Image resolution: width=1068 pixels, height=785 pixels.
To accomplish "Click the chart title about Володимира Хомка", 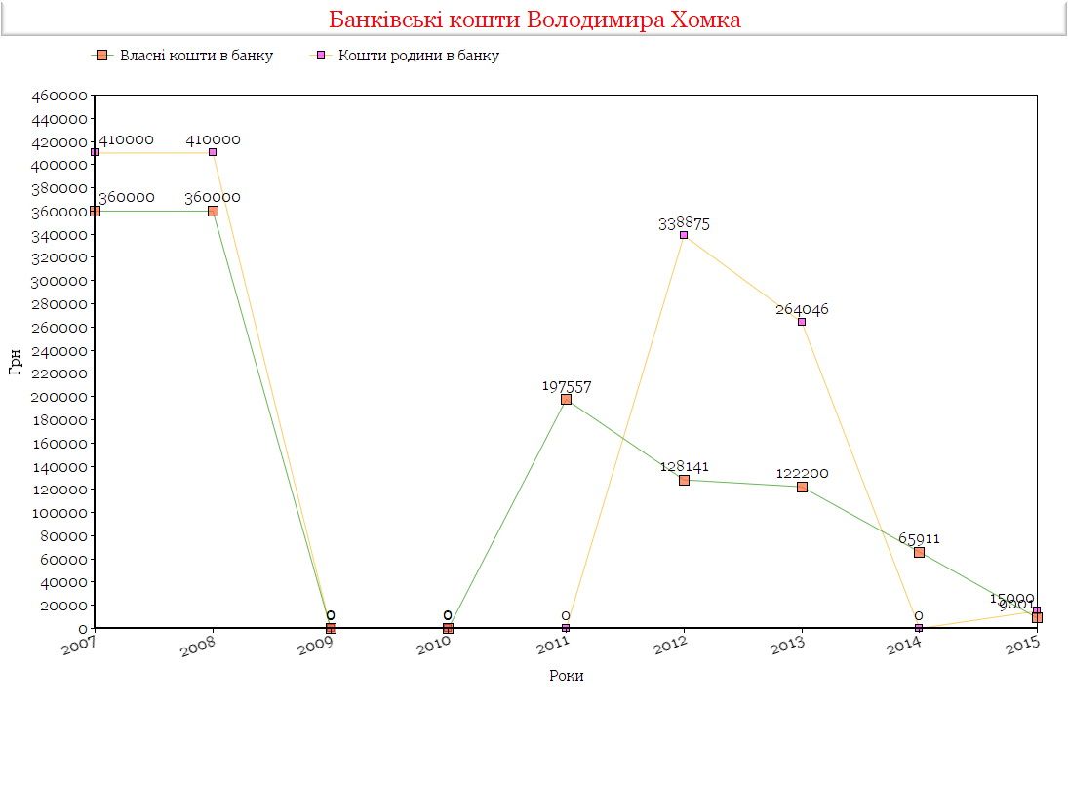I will (x=534, y=20).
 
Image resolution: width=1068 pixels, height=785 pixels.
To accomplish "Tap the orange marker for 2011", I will (x=566, y=399).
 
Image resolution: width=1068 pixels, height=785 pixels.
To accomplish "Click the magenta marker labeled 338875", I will (x=684, y=235).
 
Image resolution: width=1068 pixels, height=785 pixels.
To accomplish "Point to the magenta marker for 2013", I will (x=802, y=322).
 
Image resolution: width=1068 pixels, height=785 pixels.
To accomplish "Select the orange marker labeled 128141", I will (x=684, y=480).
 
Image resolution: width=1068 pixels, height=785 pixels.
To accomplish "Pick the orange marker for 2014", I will (x=919, y=552).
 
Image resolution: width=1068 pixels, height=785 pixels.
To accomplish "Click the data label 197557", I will (x=567, y=386).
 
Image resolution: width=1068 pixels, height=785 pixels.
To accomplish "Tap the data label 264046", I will (x=802, y=309).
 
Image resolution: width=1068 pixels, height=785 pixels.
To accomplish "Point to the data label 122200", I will (x=802, y=473).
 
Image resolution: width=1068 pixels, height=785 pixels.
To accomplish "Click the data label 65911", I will (x=919, y=538).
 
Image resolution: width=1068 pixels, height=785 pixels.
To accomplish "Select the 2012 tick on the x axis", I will (x=672, y=646).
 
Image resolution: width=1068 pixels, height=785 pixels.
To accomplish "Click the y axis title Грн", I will (x=15, y=362).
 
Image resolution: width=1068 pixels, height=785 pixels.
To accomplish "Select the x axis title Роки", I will (x=566, y=675).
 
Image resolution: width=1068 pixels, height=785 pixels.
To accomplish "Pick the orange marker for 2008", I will (x=213, y=211).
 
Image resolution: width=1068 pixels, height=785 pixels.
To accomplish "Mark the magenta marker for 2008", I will (x=213, y=152).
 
